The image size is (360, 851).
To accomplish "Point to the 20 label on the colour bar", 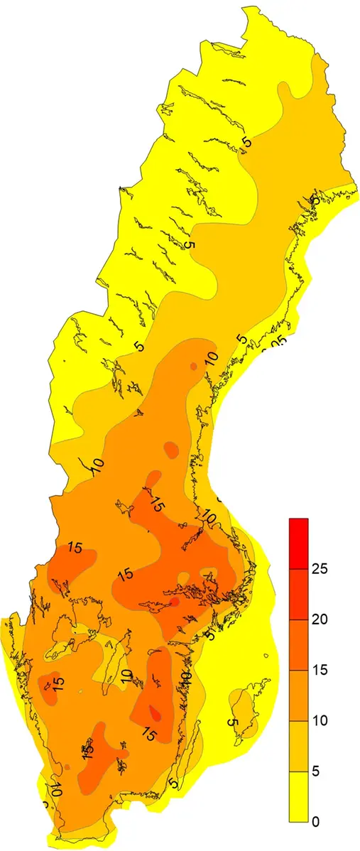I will (x=319, y=619).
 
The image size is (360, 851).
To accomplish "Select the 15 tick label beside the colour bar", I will (x=319, y=670).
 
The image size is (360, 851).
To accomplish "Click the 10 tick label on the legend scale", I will (x=319, y=720).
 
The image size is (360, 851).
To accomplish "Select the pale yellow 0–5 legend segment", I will (x=298, y=796).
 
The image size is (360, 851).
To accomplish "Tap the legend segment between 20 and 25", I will (x=298, y=594).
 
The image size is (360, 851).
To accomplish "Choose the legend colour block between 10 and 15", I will (x=298, y=695).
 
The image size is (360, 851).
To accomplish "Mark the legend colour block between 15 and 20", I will (x=298, y=644).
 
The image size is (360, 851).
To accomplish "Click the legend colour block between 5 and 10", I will (x=298, y=746).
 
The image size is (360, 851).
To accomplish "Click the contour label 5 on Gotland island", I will (x=232, y=722).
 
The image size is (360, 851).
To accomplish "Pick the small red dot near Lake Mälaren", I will (x=175, y=602).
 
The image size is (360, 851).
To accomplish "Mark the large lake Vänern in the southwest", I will (x=71, y=625).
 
